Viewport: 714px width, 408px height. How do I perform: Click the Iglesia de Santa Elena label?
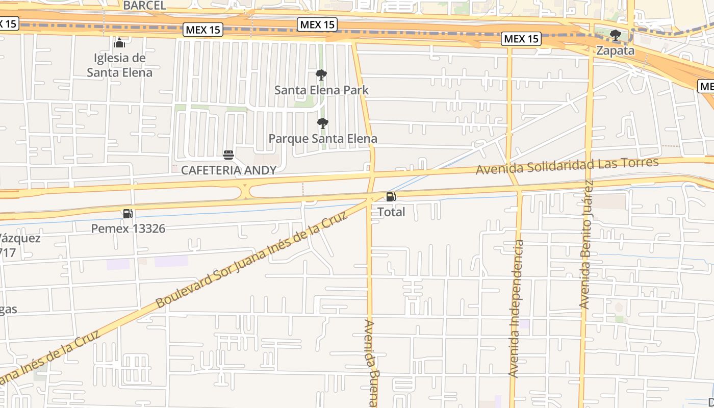[119, 65]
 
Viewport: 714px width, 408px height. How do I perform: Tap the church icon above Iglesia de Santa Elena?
[119, 42]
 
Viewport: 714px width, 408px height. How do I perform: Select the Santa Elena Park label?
[321, 90]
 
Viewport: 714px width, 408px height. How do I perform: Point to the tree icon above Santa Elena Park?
[321, 75]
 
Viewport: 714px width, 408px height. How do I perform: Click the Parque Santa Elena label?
[323, 139]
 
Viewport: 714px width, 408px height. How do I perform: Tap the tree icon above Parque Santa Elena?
[322, 123]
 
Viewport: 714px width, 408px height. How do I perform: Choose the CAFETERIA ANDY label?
[228, 170]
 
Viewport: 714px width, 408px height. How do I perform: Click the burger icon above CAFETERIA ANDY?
[228, 155]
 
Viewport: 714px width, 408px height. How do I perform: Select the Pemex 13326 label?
[128, 228]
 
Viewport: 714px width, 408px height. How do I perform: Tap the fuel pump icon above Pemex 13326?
[128, 214]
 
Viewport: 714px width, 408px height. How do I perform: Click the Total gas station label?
[391, 212]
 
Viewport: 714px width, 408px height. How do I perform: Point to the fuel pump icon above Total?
[391, 197]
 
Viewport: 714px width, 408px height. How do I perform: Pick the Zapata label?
[616, 51]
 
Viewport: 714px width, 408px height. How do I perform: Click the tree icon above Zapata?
[616, 35]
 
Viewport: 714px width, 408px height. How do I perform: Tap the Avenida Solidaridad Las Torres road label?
[567, 166]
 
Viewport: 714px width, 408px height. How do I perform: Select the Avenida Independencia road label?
[517, 309]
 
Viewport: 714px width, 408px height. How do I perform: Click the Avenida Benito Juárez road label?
[586, 245]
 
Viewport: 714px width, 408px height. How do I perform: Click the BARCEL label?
[145, 6]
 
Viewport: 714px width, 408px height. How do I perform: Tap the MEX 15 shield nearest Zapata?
[521, 39]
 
